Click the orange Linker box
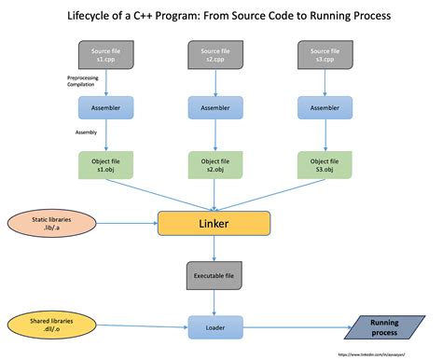(x=214, y=223)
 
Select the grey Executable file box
(x=214, y=277)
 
